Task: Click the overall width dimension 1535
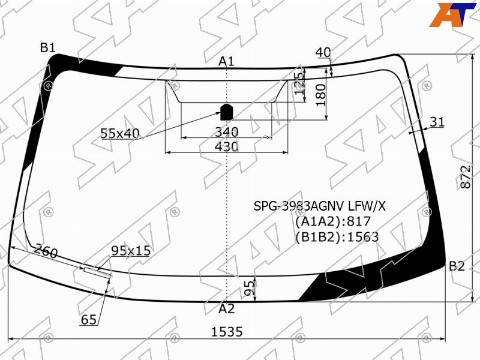point(227,332)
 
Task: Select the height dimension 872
point(466,177)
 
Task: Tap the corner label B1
point(48,48)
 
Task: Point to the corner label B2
point(457,266)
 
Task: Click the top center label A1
point(226,62)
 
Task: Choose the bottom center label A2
point(227,308)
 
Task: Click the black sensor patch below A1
point(227,112)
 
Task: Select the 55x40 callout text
point(120,133)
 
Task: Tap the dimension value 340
point(227,132)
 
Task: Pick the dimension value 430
point(227,146)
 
